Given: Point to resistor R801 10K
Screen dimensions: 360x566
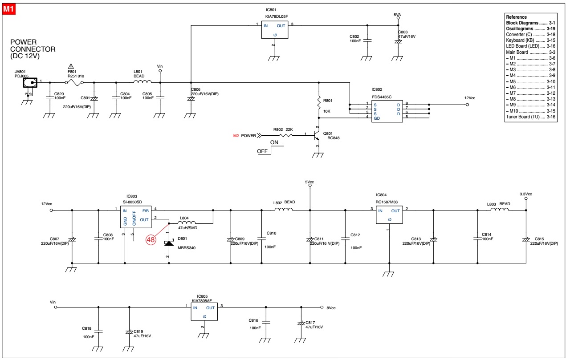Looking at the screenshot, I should (319, 103).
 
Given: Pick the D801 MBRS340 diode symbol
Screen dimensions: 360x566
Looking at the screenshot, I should (169, 243).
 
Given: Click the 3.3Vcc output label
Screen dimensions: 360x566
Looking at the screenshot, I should (525, 194).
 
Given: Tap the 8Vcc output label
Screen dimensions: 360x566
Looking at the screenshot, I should (331, 307).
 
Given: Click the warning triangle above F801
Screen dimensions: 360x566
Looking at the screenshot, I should (71, 66).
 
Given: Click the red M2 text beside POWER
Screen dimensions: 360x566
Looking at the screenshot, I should (236, 136).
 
